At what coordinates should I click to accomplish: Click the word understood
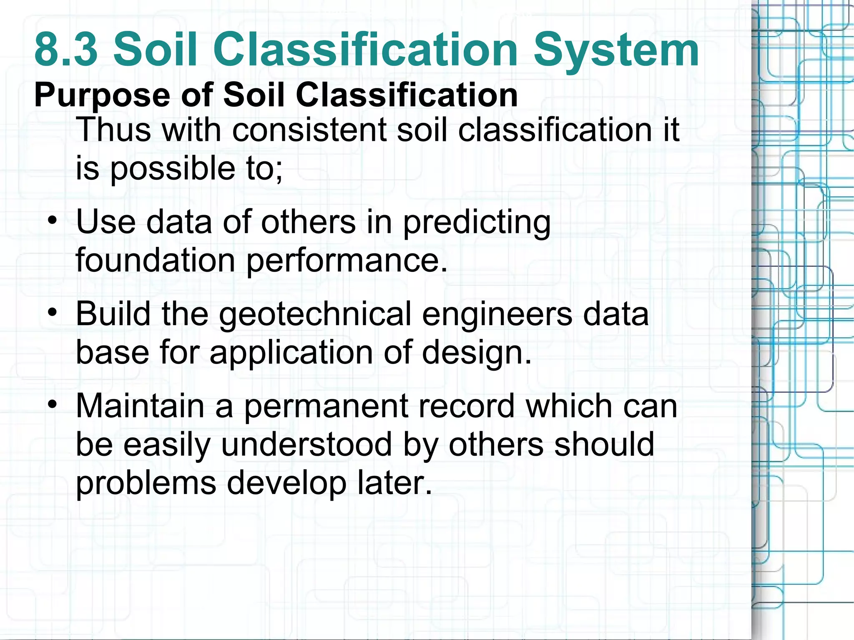click(x=306, y=445)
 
